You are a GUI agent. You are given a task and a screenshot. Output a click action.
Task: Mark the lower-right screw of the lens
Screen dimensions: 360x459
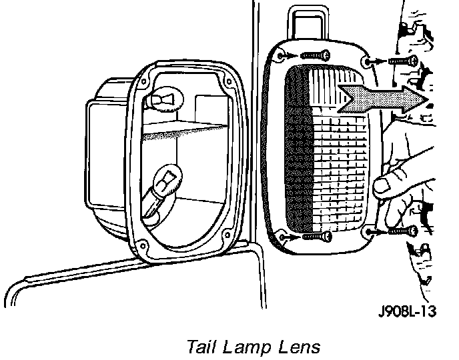click(x=400, y=231)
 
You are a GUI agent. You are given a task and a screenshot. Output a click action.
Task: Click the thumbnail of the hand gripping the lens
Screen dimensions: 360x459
click(x=383, y=185)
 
